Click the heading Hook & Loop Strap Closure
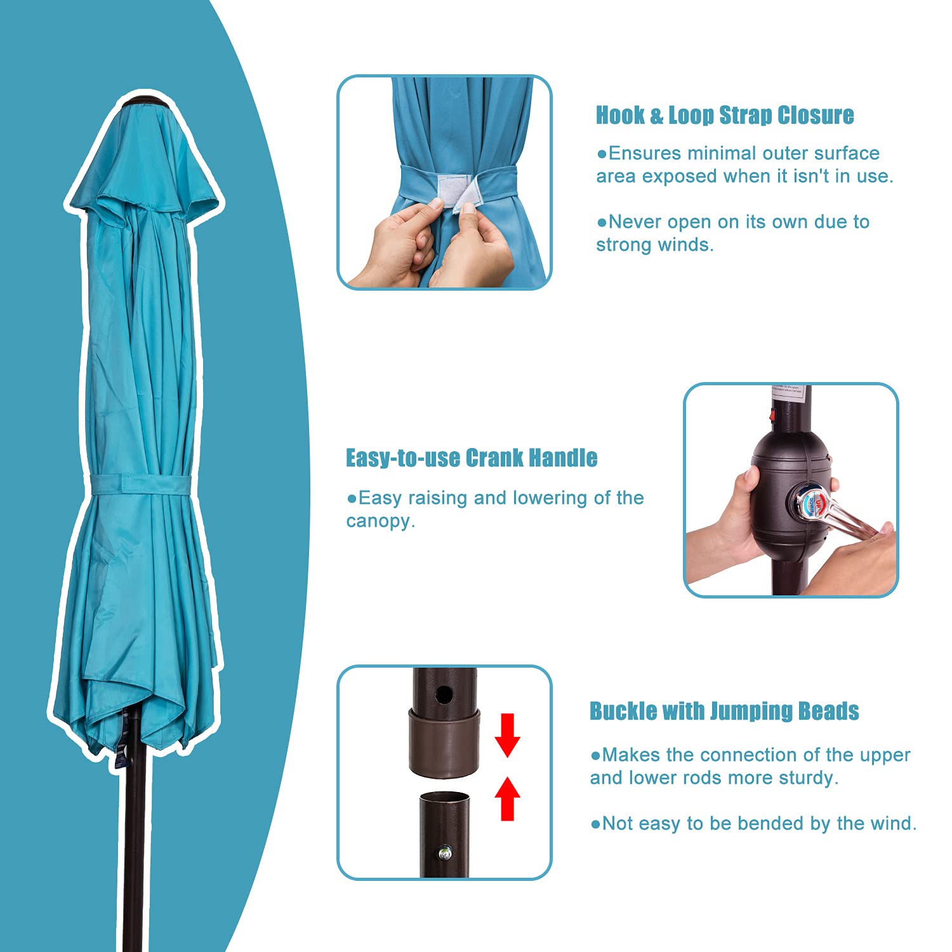pos(724,116)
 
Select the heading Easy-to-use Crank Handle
pos(472,458)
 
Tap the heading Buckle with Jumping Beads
pos(724,711)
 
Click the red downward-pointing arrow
pos(507,736)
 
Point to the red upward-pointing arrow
pos(507,798)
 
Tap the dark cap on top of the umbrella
pos(144,102)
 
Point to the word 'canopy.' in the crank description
pos(380,522)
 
